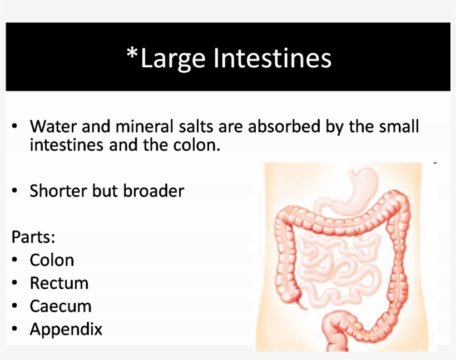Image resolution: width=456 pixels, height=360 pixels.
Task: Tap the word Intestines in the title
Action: tap(272, 58)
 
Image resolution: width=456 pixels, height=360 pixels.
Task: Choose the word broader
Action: tap(154, 191)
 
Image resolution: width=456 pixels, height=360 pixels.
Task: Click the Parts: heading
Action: tap(33, 237)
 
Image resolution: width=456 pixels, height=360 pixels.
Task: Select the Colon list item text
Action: tap(52, 260)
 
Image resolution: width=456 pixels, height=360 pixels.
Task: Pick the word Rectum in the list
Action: tap(59, 283)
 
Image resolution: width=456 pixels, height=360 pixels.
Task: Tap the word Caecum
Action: tap(60, 306)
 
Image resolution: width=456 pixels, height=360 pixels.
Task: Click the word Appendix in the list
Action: tap(66, 329)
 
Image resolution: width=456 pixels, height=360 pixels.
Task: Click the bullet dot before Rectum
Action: tap(16, 283)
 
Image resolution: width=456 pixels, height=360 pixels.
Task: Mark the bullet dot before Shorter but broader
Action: tap(16, 191)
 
